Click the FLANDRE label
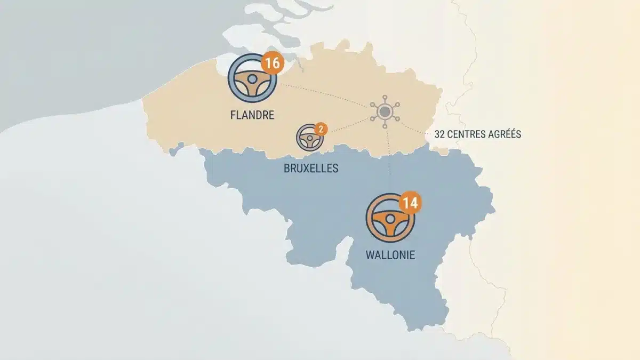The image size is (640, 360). point(252,115)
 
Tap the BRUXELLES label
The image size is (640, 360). point(311,169)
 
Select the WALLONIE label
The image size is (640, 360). point(390,255)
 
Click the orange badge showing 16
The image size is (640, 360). point(271,63)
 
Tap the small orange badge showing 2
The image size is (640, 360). point(320,129)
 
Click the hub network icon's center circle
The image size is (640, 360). point(385,111)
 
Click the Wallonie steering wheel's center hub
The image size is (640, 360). point(390,219)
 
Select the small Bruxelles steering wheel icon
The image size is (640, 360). point(310,138)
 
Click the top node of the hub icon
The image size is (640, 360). point(385,97)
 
